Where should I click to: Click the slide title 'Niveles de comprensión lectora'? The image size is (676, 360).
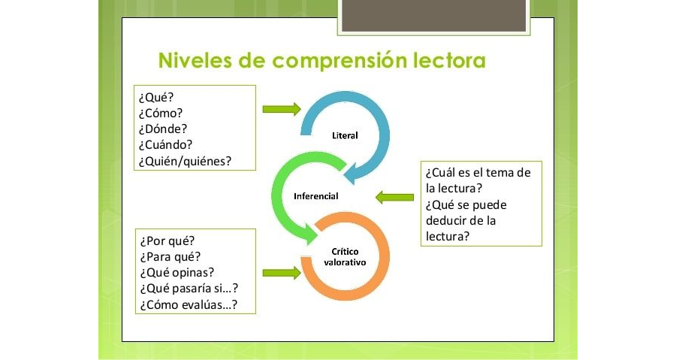pos(321,60)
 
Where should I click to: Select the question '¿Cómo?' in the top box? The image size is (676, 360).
pos(160,113)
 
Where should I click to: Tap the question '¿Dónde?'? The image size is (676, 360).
pos(163,129)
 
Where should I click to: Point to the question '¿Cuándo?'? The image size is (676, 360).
pos(165,144)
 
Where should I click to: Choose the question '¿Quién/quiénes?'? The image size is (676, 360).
pos(185,160)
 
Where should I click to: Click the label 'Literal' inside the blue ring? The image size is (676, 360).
pos(345,136)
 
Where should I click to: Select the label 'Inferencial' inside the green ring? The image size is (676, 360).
pos(315,196)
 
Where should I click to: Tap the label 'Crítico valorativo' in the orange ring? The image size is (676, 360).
pos(345,258)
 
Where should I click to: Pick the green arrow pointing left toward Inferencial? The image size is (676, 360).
pos(394,198)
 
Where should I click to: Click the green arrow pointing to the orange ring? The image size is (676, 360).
pos(281,274)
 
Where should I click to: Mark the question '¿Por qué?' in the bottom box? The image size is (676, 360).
pos(167,241)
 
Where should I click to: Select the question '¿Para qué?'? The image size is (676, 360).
pos(170,257)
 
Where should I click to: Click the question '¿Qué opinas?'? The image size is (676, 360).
pos(177,273)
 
